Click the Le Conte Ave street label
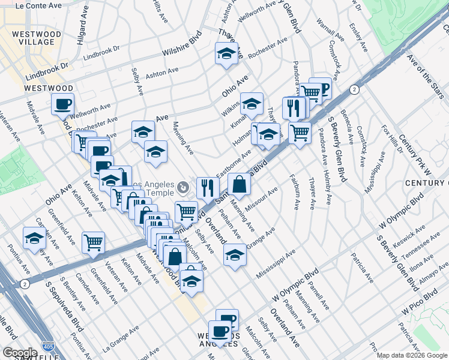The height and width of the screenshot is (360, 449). click(x=39, y=5)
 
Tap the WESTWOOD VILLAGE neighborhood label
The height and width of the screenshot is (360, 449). click(x=36, y=38)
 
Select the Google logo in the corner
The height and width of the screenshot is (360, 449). click(x=20, y=353)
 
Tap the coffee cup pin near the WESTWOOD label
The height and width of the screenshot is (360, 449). click(x=62, y=104)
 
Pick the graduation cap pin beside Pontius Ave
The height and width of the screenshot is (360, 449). click(x=34, y=238)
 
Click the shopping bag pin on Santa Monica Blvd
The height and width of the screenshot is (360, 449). click(x=239, y=185)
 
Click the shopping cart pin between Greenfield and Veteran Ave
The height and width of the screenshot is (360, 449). click(x=94, y=243)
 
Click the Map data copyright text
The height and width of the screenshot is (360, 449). click(x=412, y=355)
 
